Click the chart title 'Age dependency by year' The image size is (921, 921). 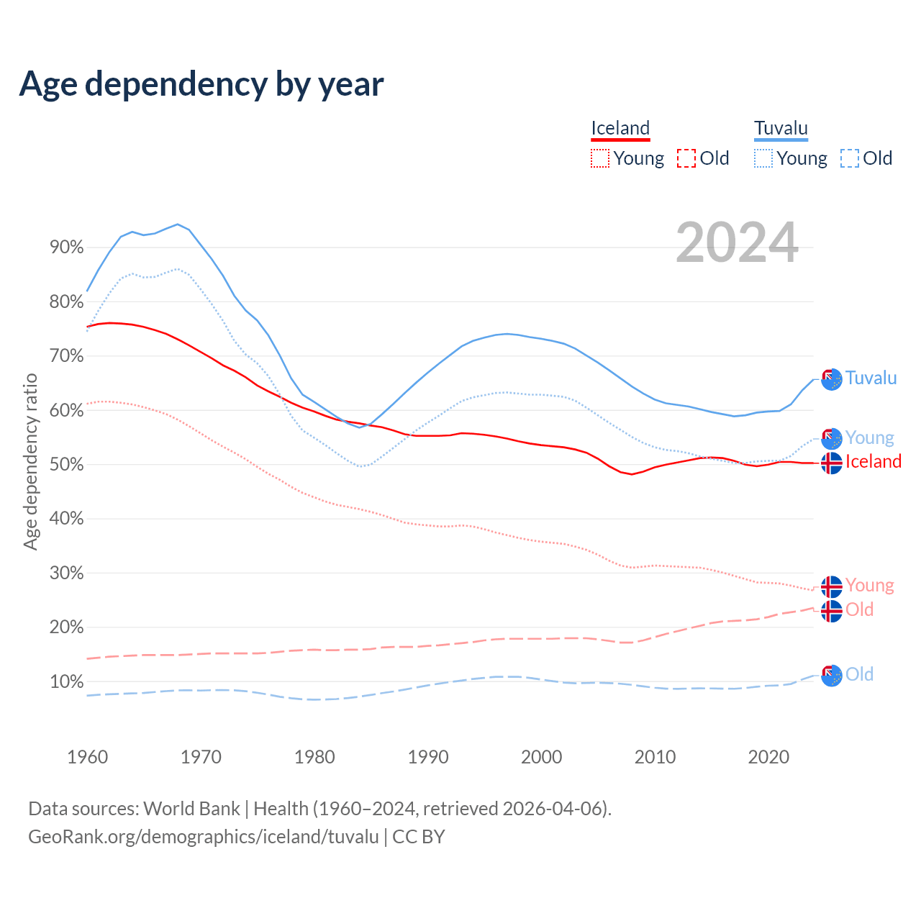pyautogui.click(x=201, y=84)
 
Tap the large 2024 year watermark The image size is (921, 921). pyautogui.click(x=737, y=242)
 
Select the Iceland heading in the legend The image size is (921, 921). pyautogui.click(x=620, y=129)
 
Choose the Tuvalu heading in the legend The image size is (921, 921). pyautogui.click(x=781, y=129)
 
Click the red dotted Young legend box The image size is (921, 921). pyautogui.click(x=599, y=158)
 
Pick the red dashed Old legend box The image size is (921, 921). pyautogui.click(x=686, y=158)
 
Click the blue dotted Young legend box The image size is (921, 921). pyautogui.click(x=763, y=158)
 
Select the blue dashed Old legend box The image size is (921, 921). pyautogui.click(x=850, y=158)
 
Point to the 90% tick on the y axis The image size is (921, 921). pyautogui.click(x=66, y=248)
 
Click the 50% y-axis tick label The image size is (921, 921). pyautogui.click(x=66, y=465)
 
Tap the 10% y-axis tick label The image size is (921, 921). pyautogui.click(x=66, y=681)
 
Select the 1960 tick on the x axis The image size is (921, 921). pyautogui.click(x=87, y=757)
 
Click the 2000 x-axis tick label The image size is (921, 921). pyautogui.click(x=541, y=757)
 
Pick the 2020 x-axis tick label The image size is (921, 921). pyautogui.click(x=768, y=757)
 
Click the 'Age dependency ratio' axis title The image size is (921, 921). pyautogui.click(x=30, y=460)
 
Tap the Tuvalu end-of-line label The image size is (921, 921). pyautogui.click(x=871, y=378)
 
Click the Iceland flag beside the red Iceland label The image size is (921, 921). pyautogui.click(x=831, y=463)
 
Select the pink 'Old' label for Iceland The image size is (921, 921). pyautogui.click(x=859, y=610)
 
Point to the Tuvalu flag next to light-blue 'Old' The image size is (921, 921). pyautogui.click(x=831, y=676)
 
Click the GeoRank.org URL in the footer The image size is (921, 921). pyautogui.click(x=203, y=837)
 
